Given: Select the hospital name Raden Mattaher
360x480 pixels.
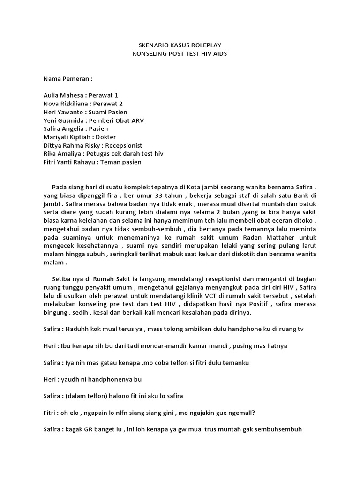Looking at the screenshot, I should (261, 237).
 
